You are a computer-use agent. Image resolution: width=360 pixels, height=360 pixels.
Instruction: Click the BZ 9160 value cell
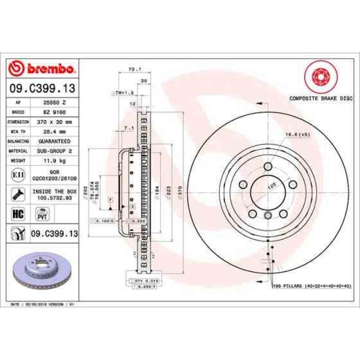54,111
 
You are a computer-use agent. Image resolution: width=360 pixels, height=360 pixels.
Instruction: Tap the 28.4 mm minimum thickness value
54,131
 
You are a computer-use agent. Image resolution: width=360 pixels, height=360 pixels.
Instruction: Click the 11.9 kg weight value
54,160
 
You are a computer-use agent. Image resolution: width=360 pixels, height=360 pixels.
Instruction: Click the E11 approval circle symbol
17,175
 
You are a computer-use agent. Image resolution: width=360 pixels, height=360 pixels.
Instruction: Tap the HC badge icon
17,213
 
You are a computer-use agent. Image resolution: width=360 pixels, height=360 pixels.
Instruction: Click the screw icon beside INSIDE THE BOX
17,194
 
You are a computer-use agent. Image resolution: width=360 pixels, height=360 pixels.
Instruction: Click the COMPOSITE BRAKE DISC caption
321,97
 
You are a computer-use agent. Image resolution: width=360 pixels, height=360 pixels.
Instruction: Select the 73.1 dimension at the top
132,69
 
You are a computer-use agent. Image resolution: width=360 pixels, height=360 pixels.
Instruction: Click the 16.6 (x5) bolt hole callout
296,135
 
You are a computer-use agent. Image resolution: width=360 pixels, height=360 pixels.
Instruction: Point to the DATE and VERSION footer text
43,304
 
